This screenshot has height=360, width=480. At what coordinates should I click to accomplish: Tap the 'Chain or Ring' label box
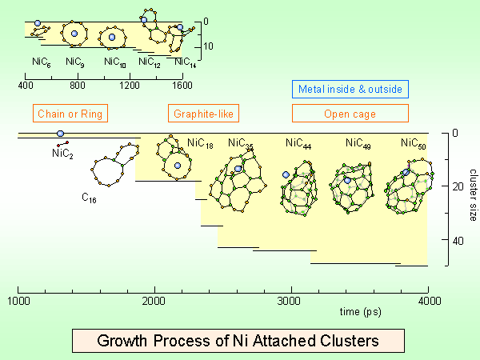pos(70,114)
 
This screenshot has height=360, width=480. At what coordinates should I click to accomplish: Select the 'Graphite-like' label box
pos(202,114)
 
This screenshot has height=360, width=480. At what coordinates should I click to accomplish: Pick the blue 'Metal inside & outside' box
pos(350,89)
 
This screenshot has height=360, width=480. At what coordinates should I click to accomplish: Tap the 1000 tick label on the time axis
pos(18,301)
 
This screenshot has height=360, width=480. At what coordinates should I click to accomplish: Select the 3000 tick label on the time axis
pos(292,301)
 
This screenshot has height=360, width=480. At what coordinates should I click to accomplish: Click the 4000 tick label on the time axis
pos(430,301)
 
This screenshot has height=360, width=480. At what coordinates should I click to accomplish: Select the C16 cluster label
pos(89,197)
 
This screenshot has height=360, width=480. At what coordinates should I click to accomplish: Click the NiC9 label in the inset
pos(74,61)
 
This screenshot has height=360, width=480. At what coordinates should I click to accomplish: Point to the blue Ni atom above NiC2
pos(60,134)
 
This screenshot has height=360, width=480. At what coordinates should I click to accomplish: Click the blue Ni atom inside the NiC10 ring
pos(112,37)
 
